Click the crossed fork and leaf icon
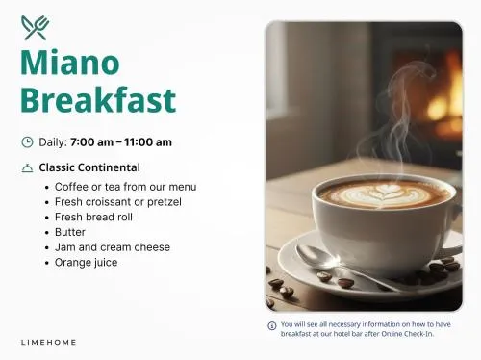[35, 28]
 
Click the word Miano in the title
[70, 63]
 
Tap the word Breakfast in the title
[98, 99]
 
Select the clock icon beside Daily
[27, 141]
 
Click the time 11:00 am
[148, 141]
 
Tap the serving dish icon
[27, 167]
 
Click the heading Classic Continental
[89, 167]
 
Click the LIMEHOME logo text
[48, 343]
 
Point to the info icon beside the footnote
[272, 326]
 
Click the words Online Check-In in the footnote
[407, 334]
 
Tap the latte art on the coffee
[383, 193]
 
